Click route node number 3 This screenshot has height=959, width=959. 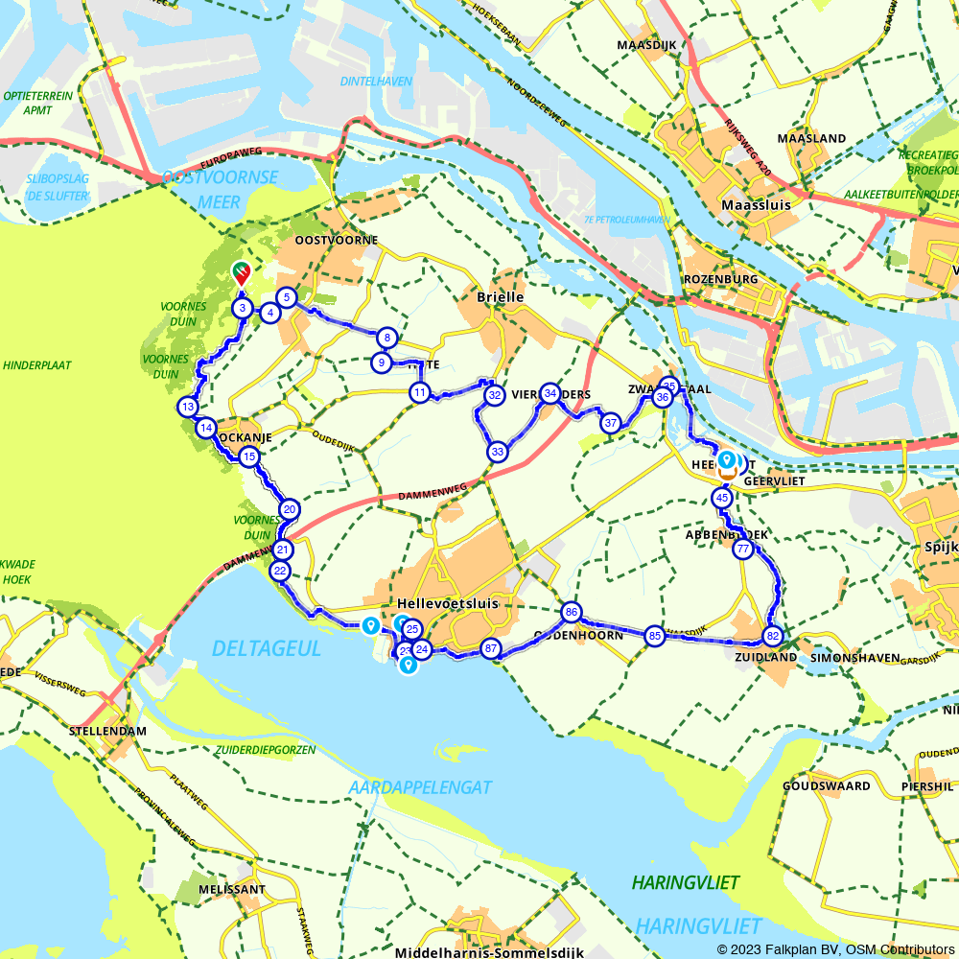tap(243, 308)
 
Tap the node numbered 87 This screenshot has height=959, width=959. tap(491, 648)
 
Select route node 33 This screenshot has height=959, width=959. tap(497, 452)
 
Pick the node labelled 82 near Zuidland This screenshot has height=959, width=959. tap(773, 636)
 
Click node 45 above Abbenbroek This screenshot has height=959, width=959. tap(721, 498)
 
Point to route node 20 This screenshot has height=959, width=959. tap(289, 509)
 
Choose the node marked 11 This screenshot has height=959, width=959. tap(420, 392)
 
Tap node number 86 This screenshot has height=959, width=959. tap(572, 612)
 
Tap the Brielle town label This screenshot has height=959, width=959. tap(500, 297)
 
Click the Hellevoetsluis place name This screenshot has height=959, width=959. tap(444, 604)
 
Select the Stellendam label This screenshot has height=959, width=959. tap(108, 731)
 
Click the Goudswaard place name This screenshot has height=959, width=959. tap(812, 786)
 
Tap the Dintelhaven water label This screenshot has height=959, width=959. tap(376, 82)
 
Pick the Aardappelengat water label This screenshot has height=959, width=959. tap(421, 787)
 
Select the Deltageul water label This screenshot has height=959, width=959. tap(267, 649)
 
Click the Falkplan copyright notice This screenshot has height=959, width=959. tap(835, 949)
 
